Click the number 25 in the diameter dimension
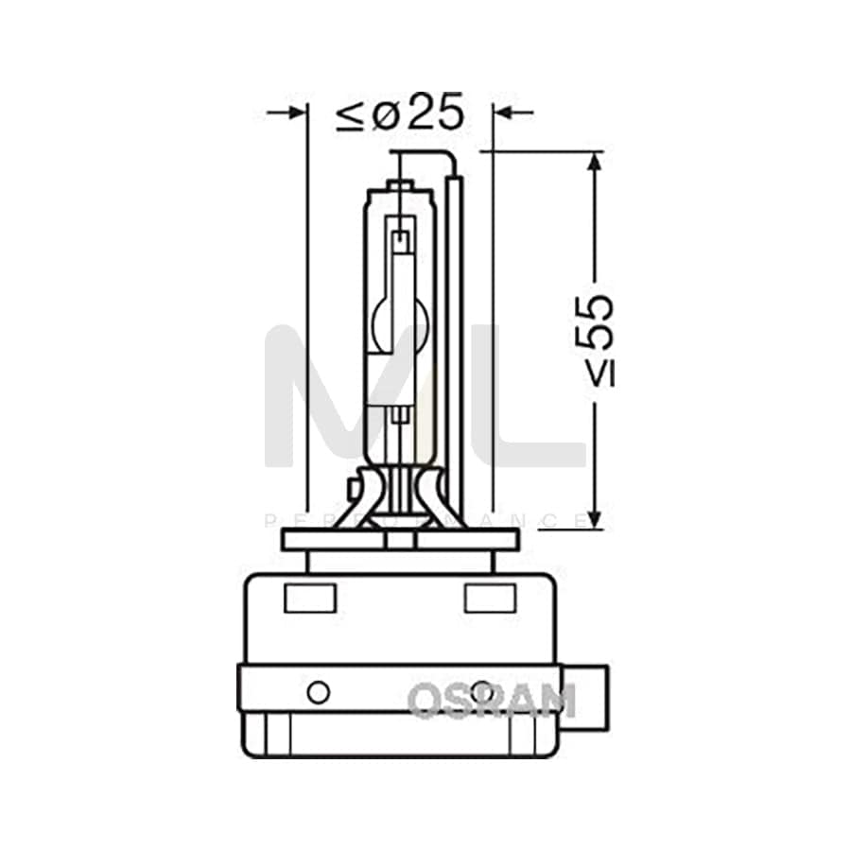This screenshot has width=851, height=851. tap(437, 113)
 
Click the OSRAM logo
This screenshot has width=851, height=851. tap(491, 701)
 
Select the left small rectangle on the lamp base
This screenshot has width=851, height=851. tap(310, 599)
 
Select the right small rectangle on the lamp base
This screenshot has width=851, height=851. tap(490, 599)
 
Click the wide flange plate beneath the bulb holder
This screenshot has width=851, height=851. tap(401, 540)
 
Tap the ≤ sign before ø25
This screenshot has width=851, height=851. tap(349, 115)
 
